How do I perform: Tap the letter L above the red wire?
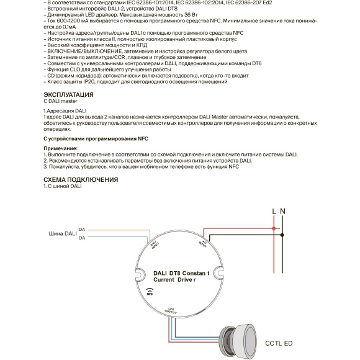[274, 212]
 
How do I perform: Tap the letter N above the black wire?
[283, 212]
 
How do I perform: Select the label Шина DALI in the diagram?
[63, 234]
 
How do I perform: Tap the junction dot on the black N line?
[283, 236]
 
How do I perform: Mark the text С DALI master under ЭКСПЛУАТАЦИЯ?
[61, 102]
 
